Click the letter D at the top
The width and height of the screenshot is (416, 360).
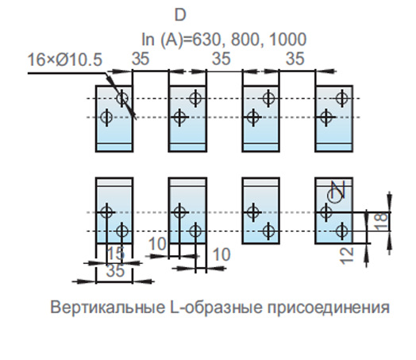(180, 15)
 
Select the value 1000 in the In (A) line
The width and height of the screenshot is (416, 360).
(287, 40)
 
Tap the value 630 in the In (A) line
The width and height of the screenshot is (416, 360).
(206, 40)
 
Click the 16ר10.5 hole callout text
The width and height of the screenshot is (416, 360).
(65, 60)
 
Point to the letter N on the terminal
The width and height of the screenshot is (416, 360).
(338, 189)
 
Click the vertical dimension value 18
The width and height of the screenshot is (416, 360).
(382, 222)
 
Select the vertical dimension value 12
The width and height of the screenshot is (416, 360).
(347, 256)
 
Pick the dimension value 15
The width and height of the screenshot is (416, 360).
(115, 253)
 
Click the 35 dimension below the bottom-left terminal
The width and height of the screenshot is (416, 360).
(115, 271)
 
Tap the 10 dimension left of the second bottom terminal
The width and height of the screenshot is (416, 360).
(157, 244)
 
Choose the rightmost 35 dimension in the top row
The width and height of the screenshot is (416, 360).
(295, 59)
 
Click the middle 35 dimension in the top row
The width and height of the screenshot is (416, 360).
(221, 59)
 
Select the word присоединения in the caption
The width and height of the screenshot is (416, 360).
(329, 308)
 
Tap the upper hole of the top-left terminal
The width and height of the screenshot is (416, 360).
(122, 99)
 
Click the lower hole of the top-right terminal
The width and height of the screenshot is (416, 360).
(326, 117)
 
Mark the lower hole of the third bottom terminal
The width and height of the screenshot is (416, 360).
(268, 231)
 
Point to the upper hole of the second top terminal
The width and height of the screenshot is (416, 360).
(195, 99)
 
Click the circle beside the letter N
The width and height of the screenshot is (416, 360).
(333, 196)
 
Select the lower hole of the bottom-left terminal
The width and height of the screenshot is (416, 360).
(122, 231)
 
